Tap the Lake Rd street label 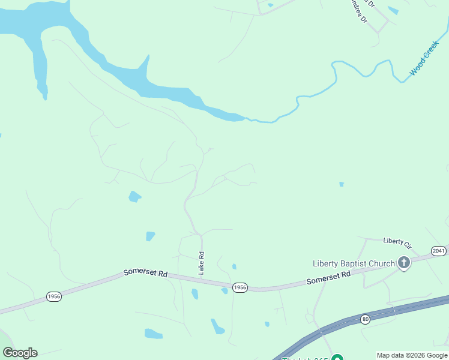click(202, 263)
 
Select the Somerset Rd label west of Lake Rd click(145, 272)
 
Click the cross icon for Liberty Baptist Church click(404, 262)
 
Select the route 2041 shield click(439, 251)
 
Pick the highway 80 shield click(366, 319)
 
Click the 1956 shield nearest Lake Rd click(240, 287)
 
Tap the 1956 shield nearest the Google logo click(54, 297)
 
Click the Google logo click(20, 353)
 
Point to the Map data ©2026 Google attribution click(412, 355)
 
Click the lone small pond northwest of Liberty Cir click(341, 184)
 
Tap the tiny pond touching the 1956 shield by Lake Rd click(224, 291)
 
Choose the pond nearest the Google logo click(153, 333)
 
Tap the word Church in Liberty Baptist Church click(384, 263)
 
